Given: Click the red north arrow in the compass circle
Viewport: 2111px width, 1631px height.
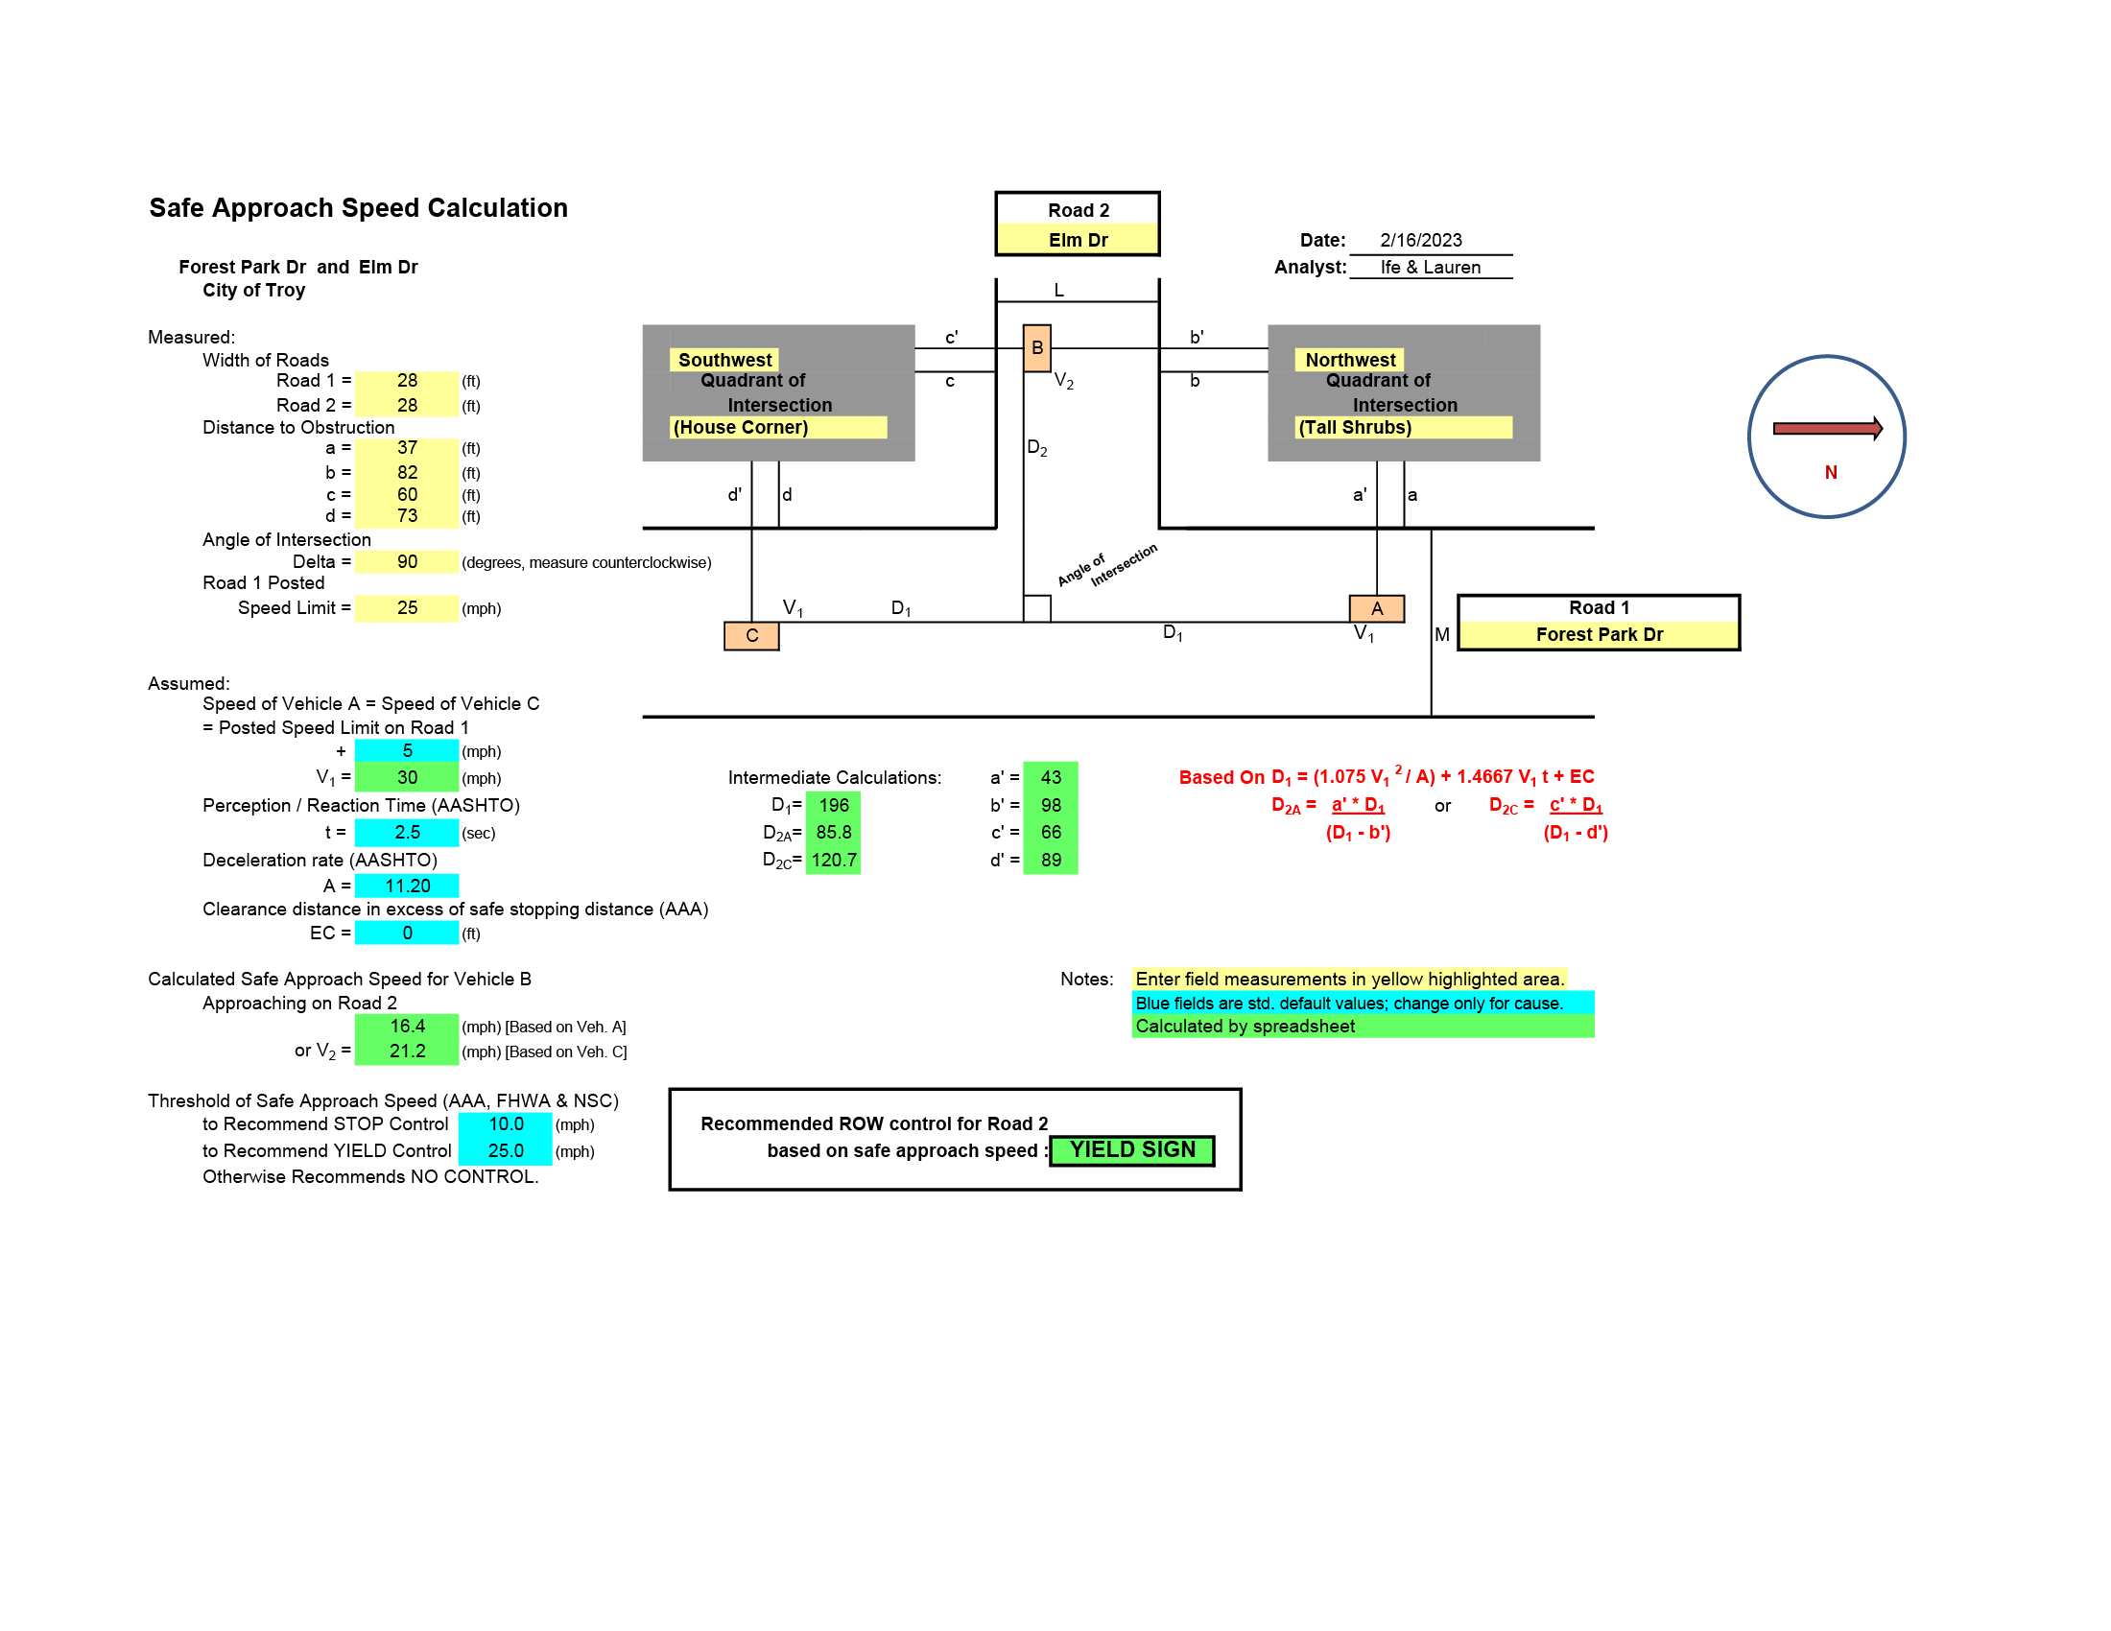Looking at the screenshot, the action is tap(1828, 428).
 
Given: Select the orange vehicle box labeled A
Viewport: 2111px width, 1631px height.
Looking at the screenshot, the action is tap(1376, 607).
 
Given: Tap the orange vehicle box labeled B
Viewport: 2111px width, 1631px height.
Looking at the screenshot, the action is tap(1036, 348).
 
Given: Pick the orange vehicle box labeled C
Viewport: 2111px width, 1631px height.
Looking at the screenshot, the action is tap(751, 636).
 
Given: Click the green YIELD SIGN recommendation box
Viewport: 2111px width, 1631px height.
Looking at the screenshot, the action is tap(1132, 1149).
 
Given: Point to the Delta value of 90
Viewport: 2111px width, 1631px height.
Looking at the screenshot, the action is tap(407, 561).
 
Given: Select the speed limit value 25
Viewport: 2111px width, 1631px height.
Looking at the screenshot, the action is tap(407, 607).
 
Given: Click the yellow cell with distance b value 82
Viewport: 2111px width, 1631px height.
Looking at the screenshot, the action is tap(407, 472).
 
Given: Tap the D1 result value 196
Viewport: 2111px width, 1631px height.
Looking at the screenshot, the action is tap(833, 805).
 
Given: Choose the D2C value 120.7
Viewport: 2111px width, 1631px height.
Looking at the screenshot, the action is tap(833, 860).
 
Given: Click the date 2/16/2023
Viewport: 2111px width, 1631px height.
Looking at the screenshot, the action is tap(1420, 240).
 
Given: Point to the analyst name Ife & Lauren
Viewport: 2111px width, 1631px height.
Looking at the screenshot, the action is tap(1430, 267).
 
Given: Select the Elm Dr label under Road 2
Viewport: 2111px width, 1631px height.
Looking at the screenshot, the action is tap(1078, 240).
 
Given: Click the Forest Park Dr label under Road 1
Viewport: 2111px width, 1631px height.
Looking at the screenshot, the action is tap(1599, 634).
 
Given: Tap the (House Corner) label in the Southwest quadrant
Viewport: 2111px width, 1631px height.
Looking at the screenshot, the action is tap(741, 427).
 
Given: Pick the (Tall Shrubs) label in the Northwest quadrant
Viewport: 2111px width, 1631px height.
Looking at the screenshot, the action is tap(1354, 427).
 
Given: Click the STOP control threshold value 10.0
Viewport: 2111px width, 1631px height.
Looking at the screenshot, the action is tap(506, 1123).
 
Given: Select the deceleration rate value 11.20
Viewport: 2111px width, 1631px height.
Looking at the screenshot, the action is tap(407, 886).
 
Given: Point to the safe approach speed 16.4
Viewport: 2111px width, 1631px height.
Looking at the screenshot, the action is tap(407, 1027).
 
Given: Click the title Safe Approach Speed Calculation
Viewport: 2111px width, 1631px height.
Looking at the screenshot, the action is tap(358, 208).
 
